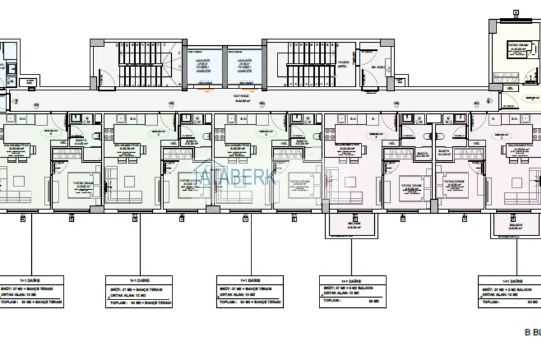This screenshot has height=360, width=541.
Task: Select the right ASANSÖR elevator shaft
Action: (x=245, y=66)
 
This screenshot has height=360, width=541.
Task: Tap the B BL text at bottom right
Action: (x=532, y=332)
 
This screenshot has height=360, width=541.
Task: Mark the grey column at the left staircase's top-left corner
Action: (x=93, y=42)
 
